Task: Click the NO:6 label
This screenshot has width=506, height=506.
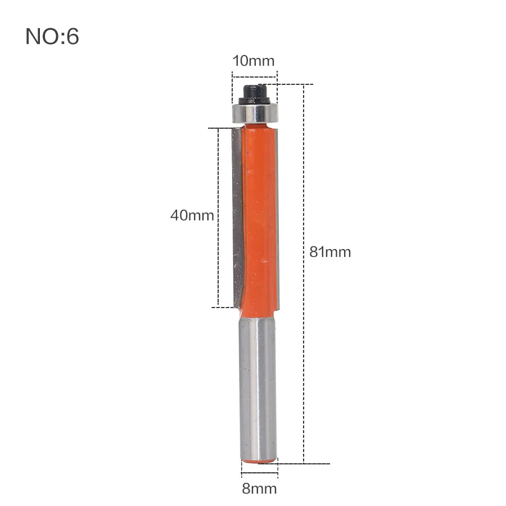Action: [x=52, y=36]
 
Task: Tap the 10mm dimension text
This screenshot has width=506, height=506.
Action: [x=254, y=61]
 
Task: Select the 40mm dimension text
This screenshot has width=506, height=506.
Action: [x=192, y=215]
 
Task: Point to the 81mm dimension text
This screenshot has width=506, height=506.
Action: [x=330, y=252]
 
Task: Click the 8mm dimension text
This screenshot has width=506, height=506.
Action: [x=259, y=489]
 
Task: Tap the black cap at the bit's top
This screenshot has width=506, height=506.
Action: [x=254, y=94]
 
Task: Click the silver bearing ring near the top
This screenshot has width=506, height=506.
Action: [x=255, y=113]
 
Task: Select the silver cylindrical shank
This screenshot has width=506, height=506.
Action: [x=258, y=388]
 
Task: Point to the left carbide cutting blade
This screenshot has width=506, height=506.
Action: [x=237, y=217]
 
